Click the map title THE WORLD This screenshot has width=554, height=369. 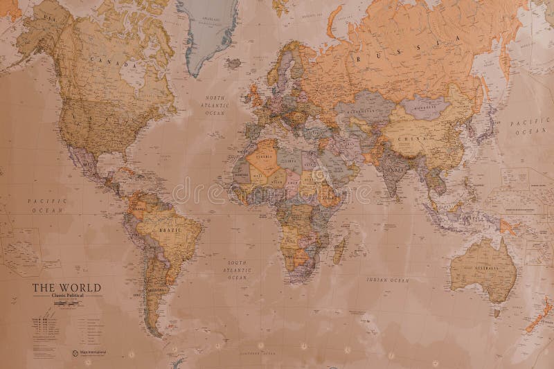tap(66, 287)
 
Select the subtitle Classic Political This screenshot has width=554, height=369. tap(66, 296)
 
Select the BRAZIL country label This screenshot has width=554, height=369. tap(169, 228)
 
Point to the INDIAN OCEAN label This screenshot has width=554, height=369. tap(388, 280)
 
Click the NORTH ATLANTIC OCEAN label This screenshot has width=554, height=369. tap(215, 105)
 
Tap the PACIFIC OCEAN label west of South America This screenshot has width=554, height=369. tap(47, 205)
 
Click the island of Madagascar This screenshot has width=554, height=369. tap(339, 250)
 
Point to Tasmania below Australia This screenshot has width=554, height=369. tap(497, 312)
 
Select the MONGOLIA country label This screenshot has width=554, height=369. tap(423, 107)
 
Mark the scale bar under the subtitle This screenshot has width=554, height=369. tap(66, 303)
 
